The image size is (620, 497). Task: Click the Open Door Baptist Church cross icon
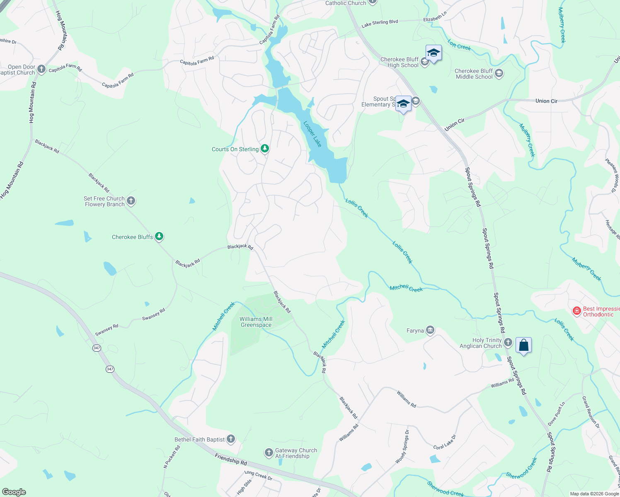[41, 69]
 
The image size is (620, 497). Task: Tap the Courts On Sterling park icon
[264, 149]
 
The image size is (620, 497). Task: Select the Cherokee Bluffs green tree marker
[159, 237]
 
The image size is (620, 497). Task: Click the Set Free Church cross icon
[131, 201]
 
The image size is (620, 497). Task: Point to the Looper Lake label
[312, 134]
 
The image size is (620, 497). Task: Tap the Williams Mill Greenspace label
[256, 322]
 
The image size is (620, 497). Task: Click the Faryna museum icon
[430, 330]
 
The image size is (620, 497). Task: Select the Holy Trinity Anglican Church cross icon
[508, 343]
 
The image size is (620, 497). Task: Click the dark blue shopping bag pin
[523, 345]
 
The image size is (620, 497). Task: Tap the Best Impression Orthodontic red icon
[576, 311]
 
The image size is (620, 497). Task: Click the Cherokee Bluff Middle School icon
[499, 74]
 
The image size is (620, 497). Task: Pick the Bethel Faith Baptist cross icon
[231, 439]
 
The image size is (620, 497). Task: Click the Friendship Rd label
[231, 459]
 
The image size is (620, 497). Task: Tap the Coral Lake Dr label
[445, 442]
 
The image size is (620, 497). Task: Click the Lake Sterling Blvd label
[380, 24]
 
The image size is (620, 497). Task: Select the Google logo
[14, 492]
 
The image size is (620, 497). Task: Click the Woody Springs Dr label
[402, 446]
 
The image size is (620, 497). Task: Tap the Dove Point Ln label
[556, 414]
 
